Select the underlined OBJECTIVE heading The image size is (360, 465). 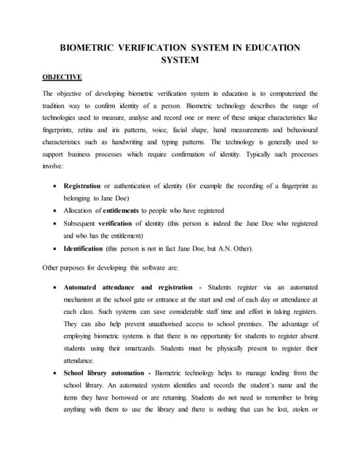tap(62, 76)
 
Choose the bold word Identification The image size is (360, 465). tap(87, 249)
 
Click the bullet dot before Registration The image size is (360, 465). tap(56, 187)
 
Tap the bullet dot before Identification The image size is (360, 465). tap(56, 249)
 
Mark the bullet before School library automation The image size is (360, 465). tap(56, 373)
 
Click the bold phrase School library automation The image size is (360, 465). tap(105, 373)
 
